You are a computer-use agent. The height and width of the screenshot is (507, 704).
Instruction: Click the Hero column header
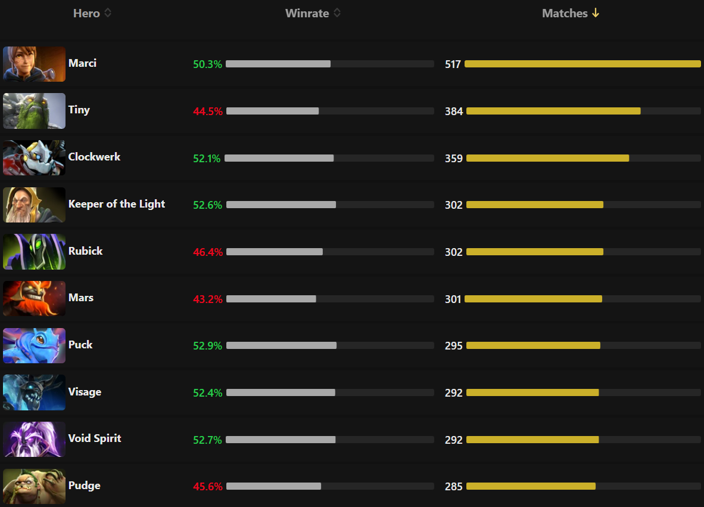pos(86,13)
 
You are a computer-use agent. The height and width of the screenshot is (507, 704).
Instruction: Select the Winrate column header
pos(307,13)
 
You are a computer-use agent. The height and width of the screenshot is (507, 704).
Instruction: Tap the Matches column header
pos(565,13)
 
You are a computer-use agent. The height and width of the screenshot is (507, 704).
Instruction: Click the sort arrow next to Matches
pos(595,13)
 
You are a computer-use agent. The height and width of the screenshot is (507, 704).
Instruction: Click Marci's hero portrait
pos(34,64)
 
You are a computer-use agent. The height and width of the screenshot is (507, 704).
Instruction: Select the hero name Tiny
pos(79,110)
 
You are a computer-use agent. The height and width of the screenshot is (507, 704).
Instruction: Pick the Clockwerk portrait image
pos(34,158)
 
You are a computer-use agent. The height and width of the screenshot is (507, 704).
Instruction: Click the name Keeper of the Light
pos(117,204)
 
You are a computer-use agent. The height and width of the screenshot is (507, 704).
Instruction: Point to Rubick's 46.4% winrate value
pos(207,252)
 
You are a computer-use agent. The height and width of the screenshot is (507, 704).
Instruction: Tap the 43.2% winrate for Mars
pos(207,299)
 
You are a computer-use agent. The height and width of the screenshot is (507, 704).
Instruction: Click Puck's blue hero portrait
pos(34,345)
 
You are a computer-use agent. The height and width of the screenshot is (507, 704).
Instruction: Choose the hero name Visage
pos(85,392)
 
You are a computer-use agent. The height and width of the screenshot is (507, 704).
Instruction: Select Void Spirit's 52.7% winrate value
pos(207,440)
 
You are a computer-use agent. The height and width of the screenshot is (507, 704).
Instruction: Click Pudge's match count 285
pos(453,487)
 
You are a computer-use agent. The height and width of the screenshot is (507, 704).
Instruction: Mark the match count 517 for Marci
pos(453,64)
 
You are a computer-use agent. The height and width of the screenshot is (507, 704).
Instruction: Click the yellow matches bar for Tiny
pos(553,111)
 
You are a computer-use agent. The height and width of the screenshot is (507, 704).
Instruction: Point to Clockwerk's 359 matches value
pos(453,159)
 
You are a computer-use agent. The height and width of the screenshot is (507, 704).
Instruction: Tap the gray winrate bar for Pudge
pos(273,486)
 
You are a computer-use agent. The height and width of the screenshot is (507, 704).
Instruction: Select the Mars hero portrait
pos(34,298)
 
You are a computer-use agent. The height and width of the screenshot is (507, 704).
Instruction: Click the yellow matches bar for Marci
pos(582,64)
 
